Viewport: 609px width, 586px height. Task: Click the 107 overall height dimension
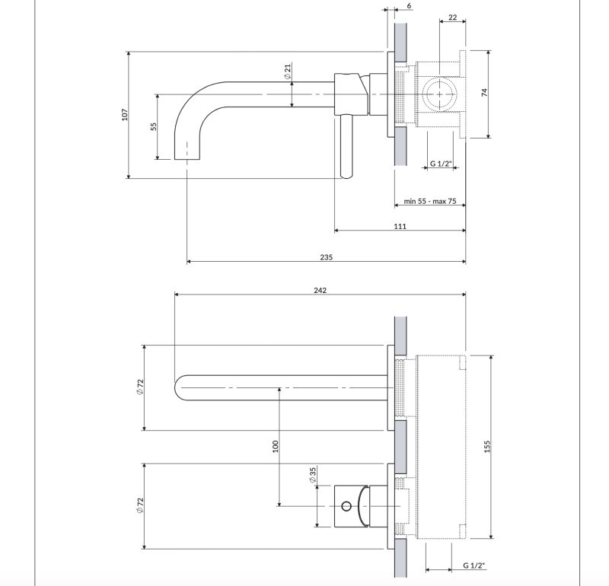124,115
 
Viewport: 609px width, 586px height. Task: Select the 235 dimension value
326,257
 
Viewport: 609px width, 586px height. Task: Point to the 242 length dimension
320,291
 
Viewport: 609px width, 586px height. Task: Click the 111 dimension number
400,226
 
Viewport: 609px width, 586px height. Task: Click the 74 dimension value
484,94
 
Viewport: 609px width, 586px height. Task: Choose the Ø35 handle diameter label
312,476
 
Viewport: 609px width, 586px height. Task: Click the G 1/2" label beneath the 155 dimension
474,565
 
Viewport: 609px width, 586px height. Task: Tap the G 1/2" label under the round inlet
441,163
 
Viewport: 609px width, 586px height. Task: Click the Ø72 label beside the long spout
139,387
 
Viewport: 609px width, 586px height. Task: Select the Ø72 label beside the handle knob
139,505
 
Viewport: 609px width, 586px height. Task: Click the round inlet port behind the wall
439,95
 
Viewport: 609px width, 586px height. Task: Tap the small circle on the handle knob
347,505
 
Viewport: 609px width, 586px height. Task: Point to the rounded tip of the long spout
179,388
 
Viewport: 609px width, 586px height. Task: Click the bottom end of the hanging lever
346,175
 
